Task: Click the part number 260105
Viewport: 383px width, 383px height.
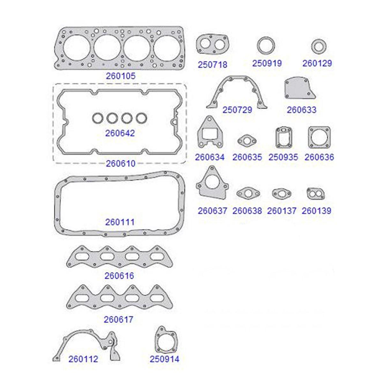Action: point(120,76)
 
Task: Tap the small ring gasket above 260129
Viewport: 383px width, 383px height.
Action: point(319,47)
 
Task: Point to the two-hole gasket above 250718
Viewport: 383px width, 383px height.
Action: point(213,44)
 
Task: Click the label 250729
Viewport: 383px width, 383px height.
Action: point(237,110)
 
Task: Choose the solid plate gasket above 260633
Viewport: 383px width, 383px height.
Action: point(299,89)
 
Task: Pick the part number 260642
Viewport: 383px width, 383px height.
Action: point(120,133)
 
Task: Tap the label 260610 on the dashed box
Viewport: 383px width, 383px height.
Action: point(120,164)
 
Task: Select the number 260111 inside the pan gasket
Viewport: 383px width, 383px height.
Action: point(120,222)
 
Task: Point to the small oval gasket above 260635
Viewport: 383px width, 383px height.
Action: point(247,141)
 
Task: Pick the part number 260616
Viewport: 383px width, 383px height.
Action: point(119,276)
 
